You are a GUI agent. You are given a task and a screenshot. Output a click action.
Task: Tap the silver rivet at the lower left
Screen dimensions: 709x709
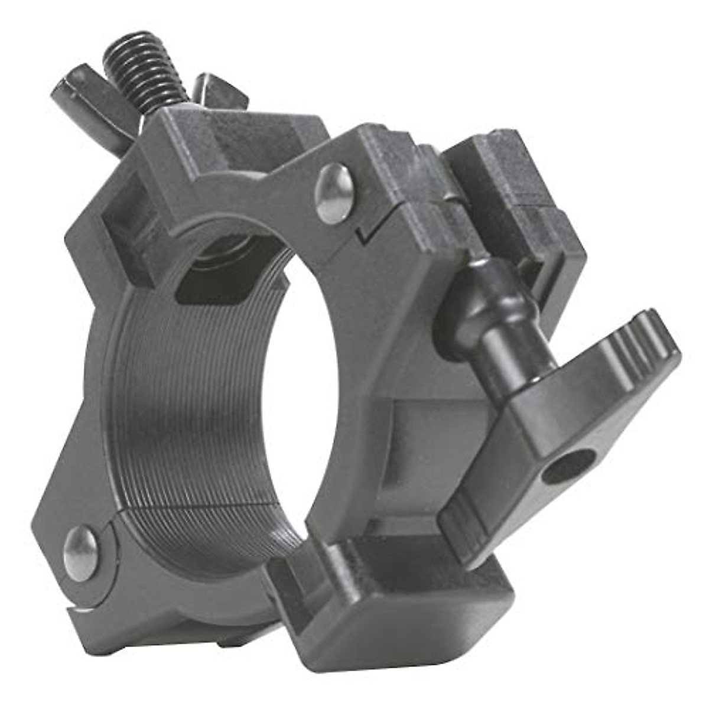click(x=81, y=553)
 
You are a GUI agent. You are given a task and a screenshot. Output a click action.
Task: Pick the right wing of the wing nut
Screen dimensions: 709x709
click(x=216, y=90)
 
